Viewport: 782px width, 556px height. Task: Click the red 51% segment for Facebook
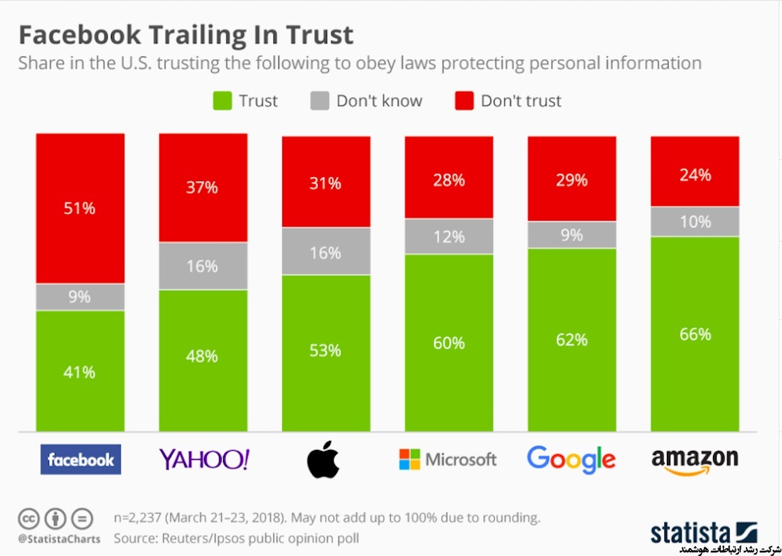coord(80,208)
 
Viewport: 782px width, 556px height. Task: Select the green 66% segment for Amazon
coord(695,333)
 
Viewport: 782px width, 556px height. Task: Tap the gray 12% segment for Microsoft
coord(449,236)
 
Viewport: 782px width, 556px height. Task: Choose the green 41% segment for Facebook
coord(80,370)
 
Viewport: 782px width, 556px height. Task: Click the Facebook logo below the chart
coord(80,459)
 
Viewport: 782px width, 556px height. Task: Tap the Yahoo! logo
coord(204,459)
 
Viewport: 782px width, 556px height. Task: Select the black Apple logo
coord(323,459)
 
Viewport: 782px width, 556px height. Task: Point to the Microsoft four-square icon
coord(410,459)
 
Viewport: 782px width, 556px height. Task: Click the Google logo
coord(571,459)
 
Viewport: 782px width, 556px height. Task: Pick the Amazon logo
coord(695,459)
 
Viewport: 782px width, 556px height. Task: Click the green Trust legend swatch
coord(222,101)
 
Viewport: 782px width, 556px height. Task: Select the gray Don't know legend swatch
coord(319,101)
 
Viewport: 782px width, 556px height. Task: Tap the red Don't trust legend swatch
coord(464,101)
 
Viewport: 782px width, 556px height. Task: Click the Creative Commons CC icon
coord(28,518)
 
